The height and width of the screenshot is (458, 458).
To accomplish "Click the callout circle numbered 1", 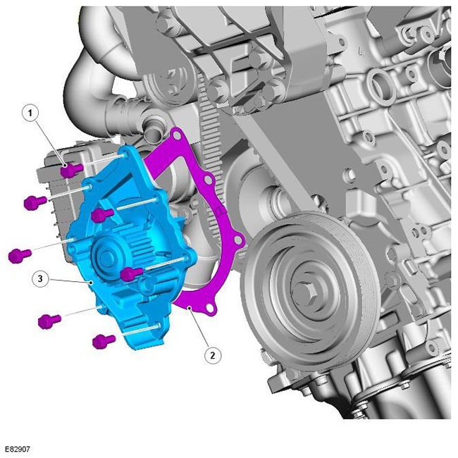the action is click(30, 113).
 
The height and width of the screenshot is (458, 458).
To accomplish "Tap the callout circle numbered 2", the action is click(212, 355).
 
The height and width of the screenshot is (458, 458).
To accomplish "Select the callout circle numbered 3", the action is click(40, 278).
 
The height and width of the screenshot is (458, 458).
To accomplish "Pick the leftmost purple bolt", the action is click(20, 255).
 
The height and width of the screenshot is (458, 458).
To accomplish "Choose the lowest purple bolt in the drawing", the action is click(104, 341).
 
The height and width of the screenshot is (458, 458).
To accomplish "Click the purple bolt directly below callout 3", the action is click(49, 321).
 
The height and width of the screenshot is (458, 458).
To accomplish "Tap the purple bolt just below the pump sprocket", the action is click(132, 273).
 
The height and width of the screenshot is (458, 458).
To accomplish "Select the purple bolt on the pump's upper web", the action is click(102, 216).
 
